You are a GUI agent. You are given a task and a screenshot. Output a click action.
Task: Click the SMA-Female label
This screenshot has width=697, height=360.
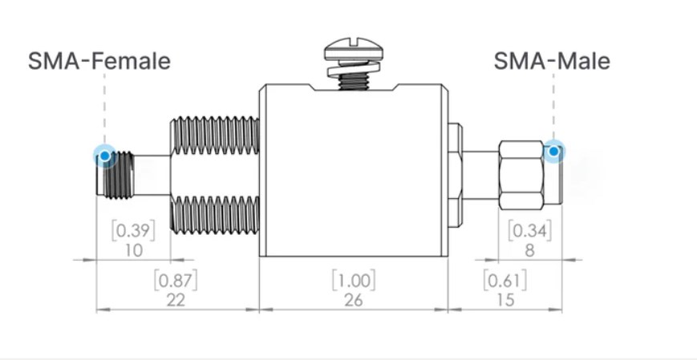(99, 61)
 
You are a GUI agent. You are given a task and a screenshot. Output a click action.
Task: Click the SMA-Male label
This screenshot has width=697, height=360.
(551, 61)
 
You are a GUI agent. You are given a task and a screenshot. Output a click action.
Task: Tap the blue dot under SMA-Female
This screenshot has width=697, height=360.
(104, 155)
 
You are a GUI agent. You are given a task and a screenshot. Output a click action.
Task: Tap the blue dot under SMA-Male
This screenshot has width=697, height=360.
(553, 151)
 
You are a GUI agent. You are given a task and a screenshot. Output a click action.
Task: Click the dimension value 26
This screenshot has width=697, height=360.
(353, 300)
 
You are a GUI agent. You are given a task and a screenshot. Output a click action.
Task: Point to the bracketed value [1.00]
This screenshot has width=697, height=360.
(353, 281)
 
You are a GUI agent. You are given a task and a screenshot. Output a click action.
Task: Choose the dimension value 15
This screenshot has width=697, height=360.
(505, 300)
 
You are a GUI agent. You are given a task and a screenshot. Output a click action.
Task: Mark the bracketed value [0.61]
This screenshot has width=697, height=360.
(505, 281)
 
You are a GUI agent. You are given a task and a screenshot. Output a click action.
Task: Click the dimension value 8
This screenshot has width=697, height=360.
(530, 251)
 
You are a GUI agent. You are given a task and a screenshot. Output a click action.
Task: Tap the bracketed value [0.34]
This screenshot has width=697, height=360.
(530, 232)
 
